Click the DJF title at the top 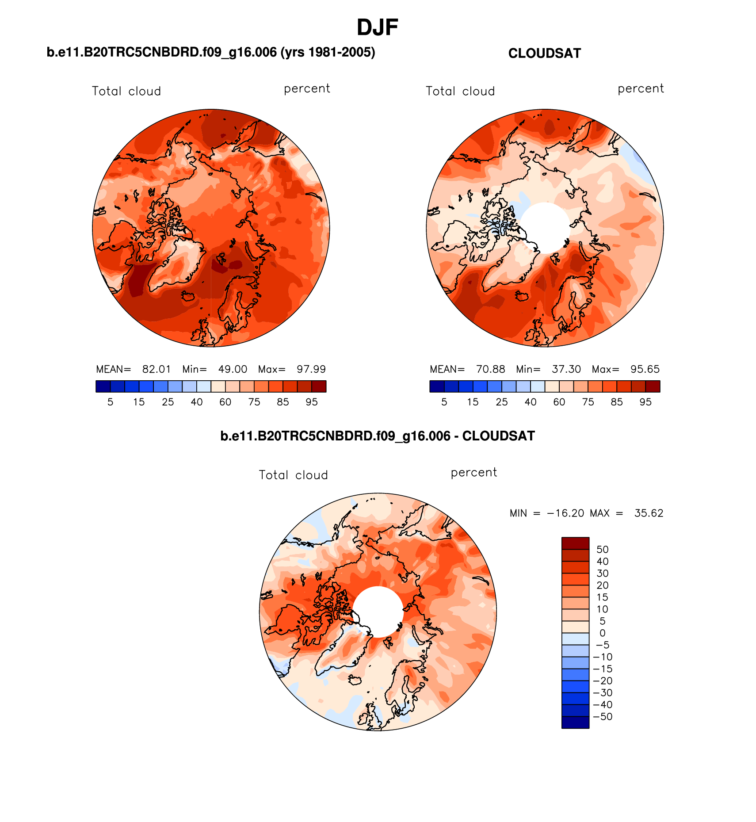pyautogui.click(x=377, y=27)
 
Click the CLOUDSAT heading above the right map pyautogui.click(x=544, y=54)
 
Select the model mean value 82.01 pyautogui.click(x=156, y=369)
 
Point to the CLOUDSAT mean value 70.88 pyautogui.click(x=490, y=369)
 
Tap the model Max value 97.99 pyautogui.click(x=311, y=369)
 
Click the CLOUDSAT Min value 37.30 pyautogui.click(x=566, y=369)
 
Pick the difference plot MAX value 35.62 pyautogui.click(x=649, y=513)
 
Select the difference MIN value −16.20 pyautogui.click(x=565, y=513)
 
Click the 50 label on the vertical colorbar pyautogui.click(x=602, y=550)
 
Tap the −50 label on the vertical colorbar pyautogui.click(x=602, y=717)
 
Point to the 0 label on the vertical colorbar pyautogui.click(x=602, y=633)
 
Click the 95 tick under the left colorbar pyautogui.click(x=312, y=402)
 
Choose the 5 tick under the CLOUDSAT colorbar pyautogui.click(x=444, y=402)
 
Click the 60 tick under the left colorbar pyautogui.click(x=225, y=402)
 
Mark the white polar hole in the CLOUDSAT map pyautogui.click(x=545, y=227)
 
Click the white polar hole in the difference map pyautogui.click(x=378, y=612)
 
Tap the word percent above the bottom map pyautogui.click(x=474, y=473)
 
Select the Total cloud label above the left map pyautogui.click(x=126, y=92)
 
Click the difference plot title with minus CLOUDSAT pyautogui.click(x=377, y=436)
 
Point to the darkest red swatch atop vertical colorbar pyautogui.click(x=575, y=543)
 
